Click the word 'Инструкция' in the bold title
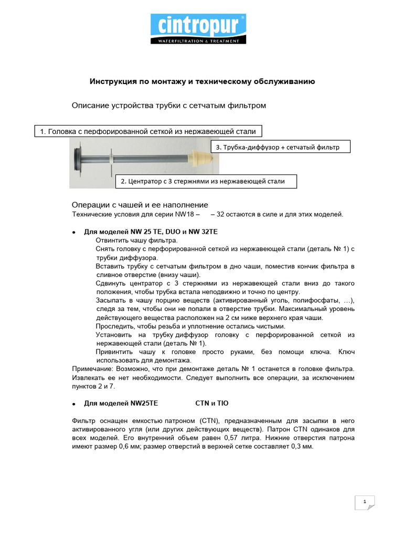[x=109, y=82]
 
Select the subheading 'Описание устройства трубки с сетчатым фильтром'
[x=168, y=106]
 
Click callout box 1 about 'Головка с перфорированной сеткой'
[x=148, y=132]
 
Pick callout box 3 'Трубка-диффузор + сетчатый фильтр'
[x=281, y=147]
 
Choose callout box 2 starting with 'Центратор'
[x=206, y=181]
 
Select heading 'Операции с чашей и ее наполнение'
[x=140, y=204]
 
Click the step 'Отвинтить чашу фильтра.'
[x=130, y=240]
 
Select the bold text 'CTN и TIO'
[x=211, y=403]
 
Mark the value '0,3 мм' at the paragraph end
[x=302, y=446]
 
